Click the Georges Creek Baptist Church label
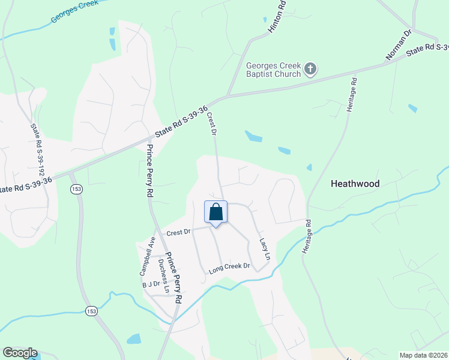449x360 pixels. (x=273, y=70)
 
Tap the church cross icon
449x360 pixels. (x=310, y=70)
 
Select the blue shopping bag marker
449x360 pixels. (x=216, y=212)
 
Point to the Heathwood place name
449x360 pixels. (x=355, y=184)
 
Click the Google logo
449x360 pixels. (x=20, y=353)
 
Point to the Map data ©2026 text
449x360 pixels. (x=423, y=355)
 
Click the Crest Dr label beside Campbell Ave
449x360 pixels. (x=178, y=232)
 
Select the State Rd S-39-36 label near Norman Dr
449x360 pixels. (x=427, y=49)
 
